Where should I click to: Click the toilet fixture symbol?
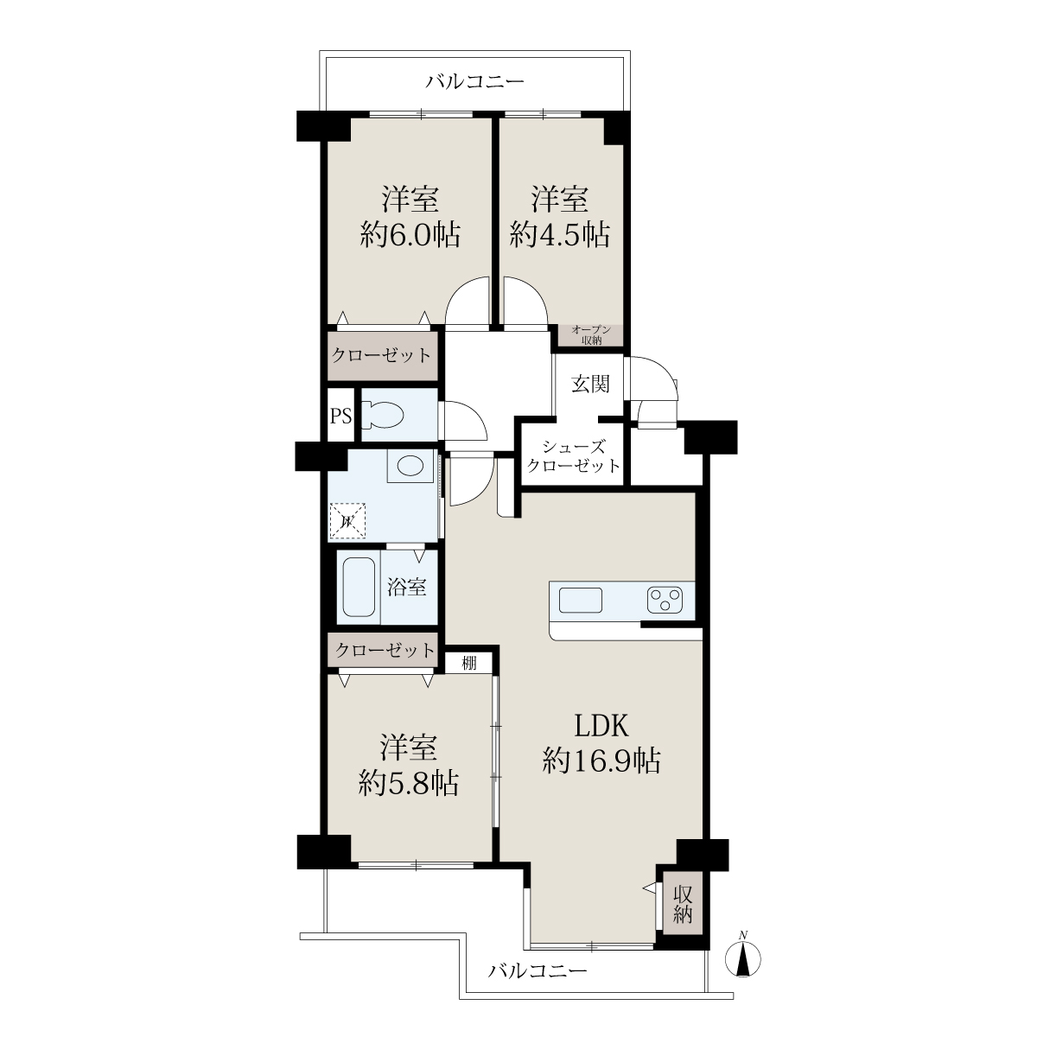point(383,416)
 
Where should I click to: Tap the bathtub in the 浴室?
point(359,587)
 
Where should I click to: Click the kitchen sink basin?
point(581,600)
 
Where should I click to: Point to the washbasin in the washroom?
point(410,466)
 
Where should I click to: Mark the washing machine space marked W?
point(347,520)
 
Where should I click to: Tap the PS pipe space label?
point(340,416)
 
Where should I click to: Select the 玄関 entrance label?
point(590,385)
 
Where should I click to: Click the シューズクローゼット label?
point(573,455)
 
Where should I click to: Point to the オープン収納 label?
point(591,334)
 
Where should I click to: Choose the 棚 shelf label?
point(469,663)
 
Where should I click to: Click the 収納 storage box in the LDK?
point(683,905)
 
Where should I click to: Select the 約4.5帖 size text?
point(560,235)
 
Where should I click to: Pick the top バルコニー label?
point(475,82)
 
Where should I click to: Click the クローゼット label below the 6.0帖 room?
point(382,355)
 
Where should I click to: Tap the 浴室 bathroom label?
point(407,587)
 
